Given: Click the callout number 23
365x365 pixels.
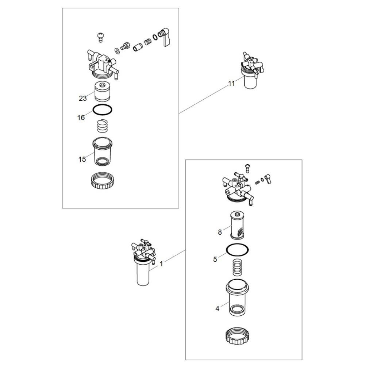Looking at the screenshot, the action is [x=82, y=99].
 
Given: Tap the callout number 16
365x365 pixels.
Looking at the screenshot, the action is [x=81, y=118].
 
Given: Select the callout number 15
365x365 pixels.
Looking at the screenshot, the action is [x=82, y=160].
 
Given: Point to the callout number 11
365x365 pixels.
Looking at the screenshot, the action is [x=231, y=84].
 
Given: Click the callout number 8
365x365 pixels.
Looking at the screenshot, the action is [x=220, y=232].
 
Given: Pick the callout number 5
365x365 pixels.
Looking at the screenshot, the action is [x=215, y=259].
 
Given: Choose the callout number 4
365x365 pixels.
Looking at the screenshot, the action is [x=218, y=309].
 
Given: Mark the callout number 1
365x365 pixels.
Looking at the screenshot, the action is [x=161, y=264].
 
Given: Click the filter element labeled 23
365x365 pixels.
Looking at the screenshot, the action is [x=103, y=92].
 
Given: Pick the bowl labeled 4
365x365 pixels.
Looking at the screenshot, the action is [x=238, y=298].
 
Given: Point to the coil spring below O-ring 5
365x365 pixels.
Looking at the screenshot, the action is [x=238, y=268].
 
